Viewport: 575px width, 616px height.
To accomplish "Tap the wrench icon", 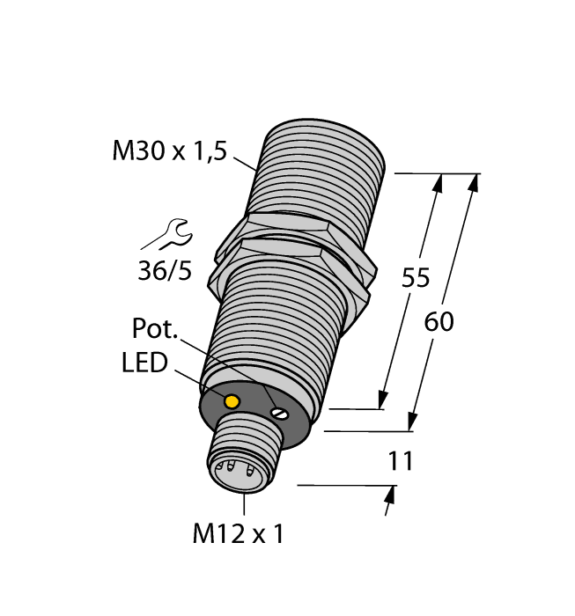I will (168, 235).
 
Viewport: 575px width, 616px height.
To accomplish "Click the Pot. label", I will (155, 330).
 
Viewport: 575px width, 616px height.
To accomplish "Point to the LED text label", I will (144, 363).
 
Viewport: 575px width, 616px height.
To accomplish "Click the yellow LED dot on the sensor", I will (232, 402).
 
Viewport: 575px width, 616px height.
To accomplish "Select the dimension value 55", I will (415, 278).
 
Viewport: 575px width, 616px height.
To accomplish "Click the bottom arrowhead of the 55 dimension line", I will (384, 400).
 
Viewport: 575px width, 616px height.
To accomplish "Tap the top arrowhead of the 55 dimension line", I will (438, 183).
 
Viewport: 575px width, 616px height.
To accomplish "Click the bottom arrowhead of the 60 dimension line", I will (413, 423).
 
